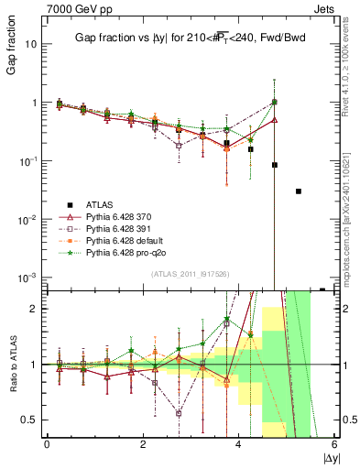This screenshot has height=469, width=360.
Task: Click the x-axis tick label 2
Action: pyautogui.click(x=143, y=444)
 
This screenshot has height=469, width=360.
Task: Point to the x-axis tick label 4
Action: pyautogui.click(x=238, y=444)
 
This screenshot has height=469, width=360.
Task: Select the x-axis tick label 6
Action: pyautogui.click(x=334, y=444)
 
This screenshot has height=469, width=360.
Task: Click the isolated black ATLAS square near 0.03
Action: pyautogui.click(x=299, y=191)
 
